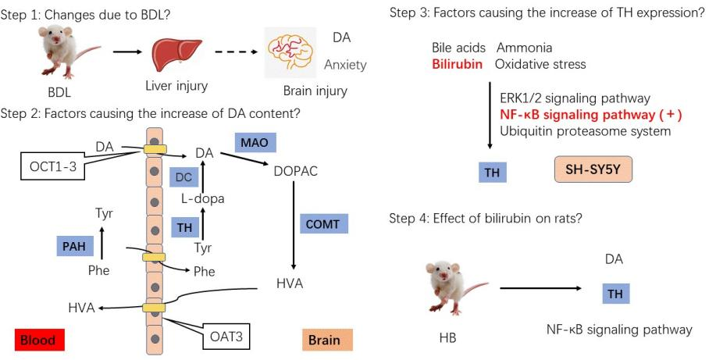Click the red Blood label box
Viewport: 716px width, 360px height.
coord(39,340)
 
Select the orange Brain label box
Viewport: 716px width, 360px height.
coord(327,340)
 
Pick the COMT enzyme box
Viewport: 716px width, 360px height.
coord(322,224)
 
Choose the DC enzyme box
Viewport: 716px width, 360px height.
coord(183,176)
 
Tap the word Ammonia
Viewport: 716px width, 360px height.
coord(525,48)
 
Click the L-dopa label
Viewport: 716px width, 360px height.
coord(202,198)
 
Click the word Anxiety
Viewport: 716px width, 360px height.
coord(345,65)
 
